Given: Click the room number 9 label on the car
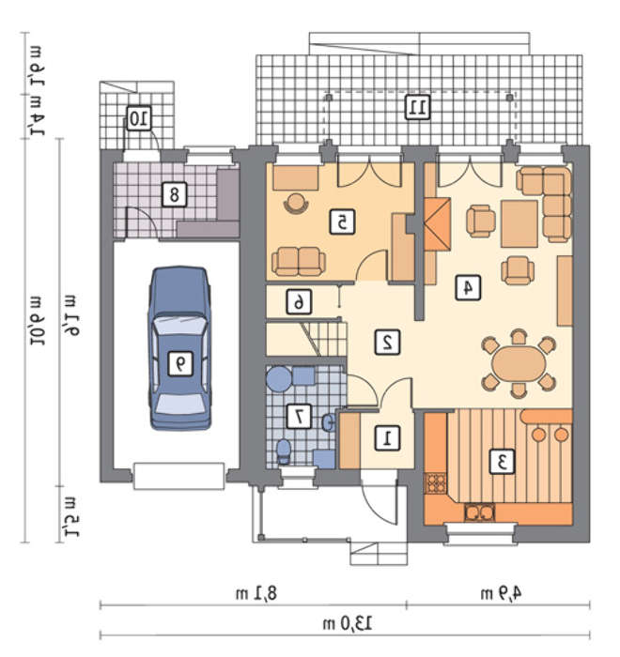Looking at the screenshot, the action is (180, 363).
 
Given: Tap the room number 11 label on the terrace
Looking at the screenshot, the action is (418, 107).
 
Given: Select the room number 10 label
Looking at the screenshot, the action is (139, 118).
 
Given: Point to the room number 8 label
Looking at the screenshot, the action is (174, 194).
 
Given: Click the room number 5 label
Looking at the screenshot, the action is (342, 222).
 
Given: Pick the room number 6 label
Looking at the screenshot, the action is (299, 301).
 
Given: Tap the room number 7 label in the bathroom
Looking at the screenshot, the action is (299, 416).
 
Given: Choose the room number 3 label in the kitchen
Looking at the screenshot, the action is (503, 462).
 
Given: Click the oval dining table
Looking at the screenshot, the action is (519, 363).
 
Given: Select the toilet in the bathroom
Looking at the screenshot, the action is (284, 451).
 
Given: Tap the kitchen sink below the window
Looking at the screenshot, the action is (479, 512).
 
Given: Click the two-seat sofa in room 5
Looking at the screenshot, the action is (298, 262).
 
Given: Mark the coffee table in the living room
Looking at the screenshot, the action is (519, 223).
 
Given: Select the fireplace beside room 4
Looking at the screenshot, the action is (438, 224).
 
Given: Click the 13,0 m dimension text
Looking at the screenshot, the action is (348, 624).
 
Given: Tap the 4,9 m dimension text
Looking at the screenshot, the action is (501, 593).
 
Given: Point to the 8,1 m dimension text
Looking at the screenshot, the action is (256, 593).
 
